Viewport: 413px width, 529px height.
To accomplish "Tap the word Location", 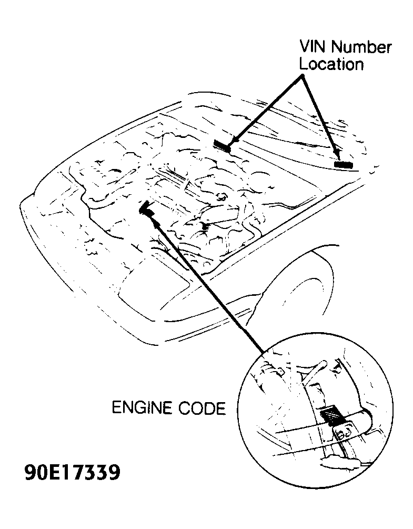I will point(331,65).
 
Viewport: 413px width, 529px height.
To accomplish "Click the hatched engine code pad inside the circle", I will point(331,416).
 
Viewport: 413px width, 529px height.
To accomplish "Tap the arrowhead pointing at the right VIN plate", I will point(337,153).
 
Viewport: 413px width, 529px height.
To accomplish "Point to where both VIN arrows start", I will point(303,76).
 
